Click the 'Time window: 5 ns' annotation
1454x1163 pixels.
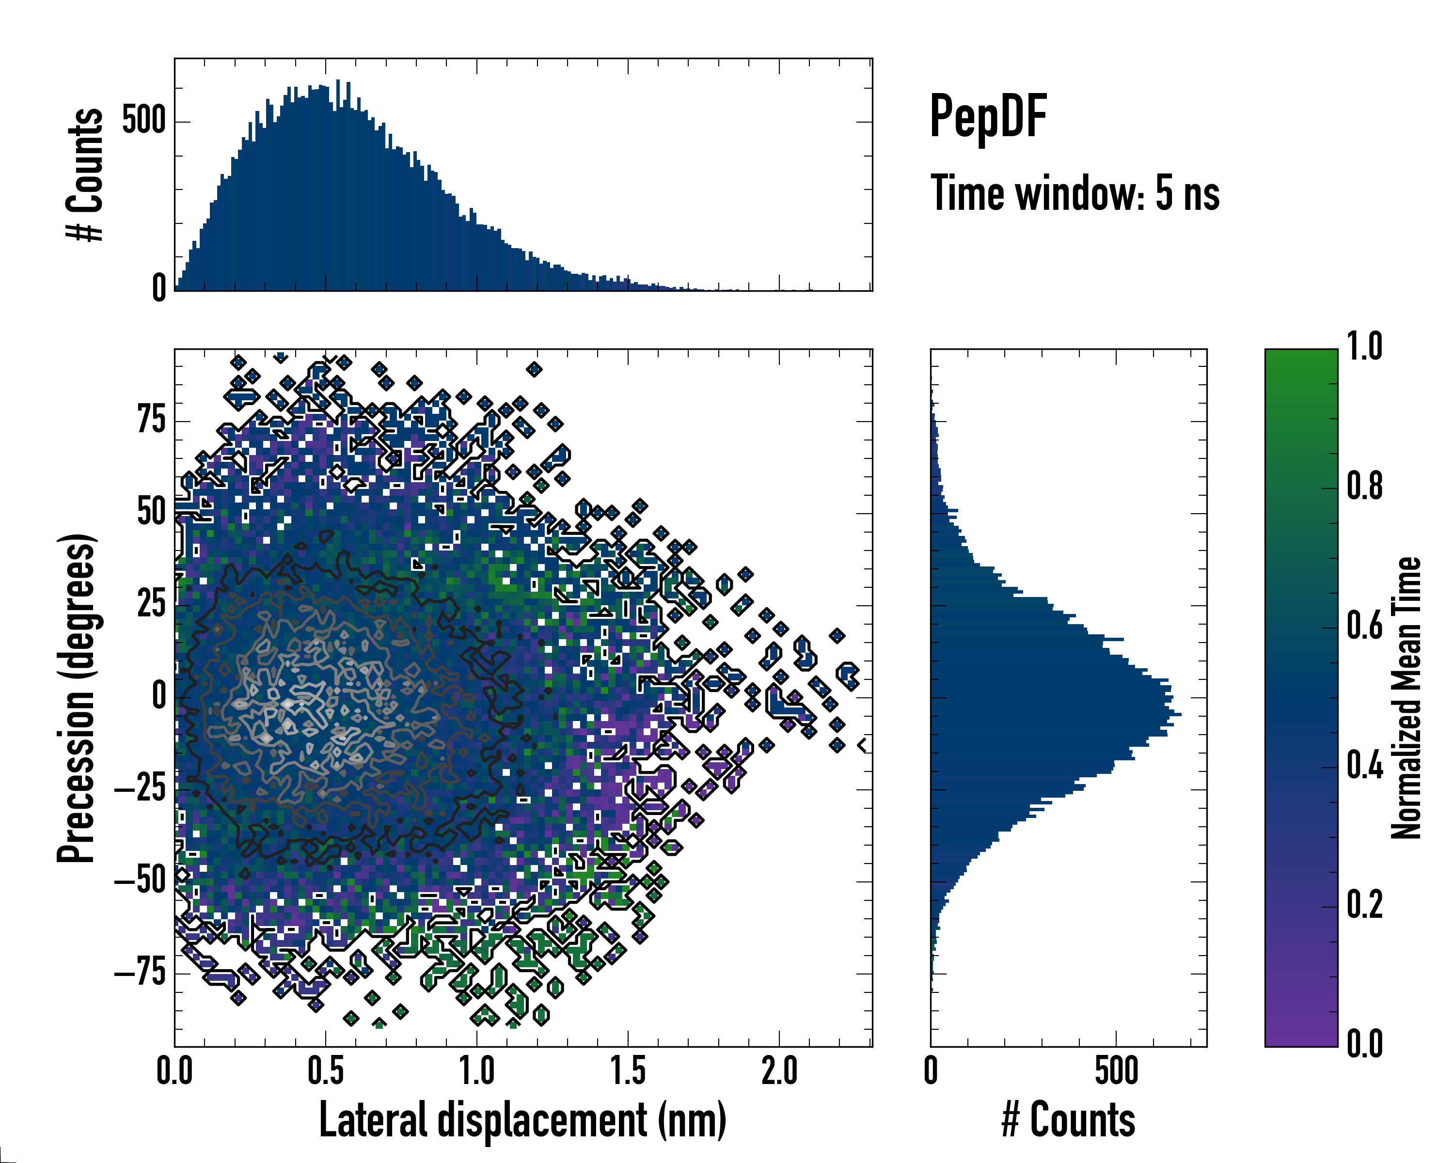point(1075,193)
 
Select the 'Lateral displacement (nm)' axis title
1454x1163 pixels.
point(522,1120)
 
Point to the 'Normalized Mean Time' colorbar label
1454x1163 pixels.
point(1406,698)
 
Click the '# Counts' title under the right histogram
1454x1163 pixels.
point(1068,1120)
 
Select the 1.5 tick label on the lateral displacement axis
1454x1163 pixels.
point(628,1071)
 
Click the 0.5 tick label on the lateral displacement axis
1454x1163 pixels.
point(326,1071)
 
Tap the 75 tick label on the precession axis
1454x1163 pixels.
point(151,420)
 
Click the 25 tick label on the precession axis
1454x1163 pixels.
point(151,604)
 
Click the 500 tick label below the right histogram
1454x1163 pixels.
point(1116,1071)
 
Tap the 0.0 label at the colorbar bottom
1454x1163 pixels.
point(1365,1044)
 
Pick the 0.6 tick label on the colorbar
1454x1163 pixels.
point(1365,626)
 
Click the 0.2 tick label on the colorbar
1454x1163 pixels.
point(1365,905)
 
